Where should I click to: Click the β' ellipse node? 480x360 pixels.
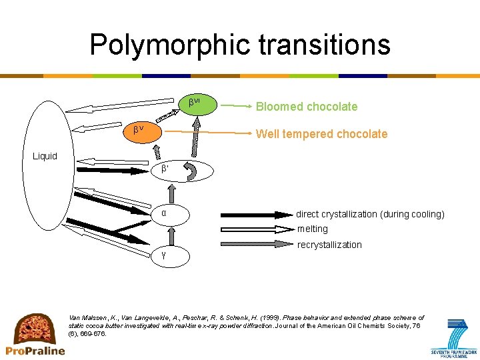[183, 171]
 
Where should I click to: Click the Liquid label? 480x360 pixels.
[45, 156]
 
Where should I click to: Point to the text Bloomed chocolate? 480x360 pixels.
[307, 107]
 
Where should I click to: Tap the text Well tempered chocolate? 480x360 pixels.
[321, 134]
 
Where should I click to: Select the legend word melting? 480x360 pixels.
[313, 229]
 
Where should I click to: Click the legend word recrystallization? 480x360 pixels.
[329, 245]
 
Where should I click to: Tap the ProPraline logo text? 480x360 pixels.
[35, 350]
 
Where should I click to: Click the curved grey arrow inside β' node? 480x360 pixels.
[190, 171]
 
